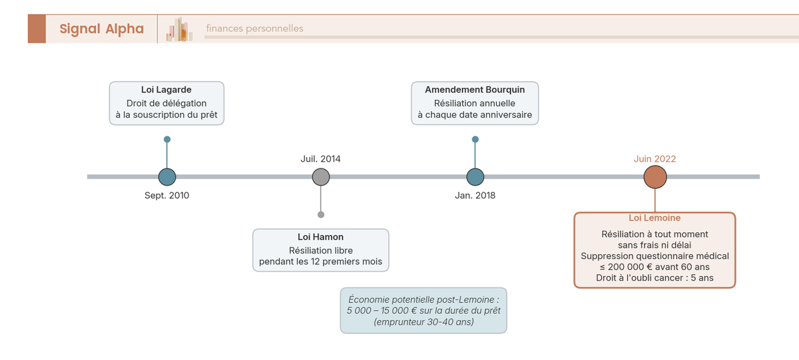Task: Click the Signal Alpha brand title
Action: coord(101,29)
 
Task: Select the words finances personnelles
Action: coord(254,29)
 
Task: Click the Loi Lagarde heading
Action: coord(166,90)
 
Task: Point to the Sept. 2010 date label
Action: coord(166,196)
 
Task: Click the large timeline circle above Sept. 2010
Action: coord(167,177)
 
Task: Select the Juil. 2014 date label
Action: coord(320,159)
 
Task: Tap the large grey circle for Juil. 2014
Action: coord(321,177)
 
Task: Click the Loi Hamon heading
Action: coord(321,237)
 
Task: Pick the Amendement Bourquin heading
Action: coord(475,90)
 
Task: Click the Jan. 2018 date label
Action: coord(475,196)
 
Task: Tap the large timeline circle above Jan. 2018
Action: coord(475,177)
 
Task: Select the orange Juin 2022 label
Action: coord(655,159)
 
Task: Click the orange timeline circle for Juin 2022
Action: coord(655,177)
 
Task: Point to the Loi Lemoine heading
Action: coord(655,218)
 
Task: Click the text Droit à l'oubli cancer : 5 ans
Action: coord(655,277)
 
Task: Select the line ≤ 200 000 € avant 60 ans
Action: coord(655,267)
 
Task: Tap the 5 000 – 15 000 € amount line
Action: coord(423,311)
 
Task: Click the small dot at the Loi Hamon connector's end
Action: coord(321,214)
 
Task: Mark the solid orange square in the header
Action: coord(37,29)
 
